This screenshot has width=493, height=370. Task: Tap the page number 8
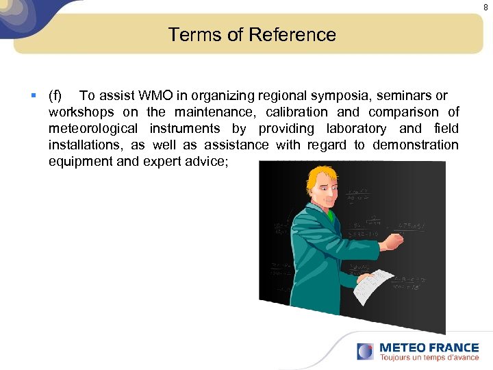pos(485,7)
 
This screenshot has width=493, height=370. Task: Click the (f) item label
pos(55,95)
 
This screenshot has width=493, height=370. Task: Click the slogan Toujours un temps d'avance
pos(429,357)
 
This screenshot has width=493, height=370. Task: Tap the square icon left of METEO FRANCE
pos(365,351)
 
